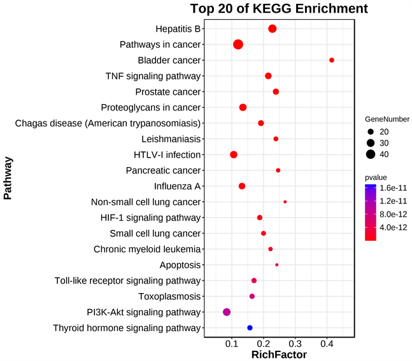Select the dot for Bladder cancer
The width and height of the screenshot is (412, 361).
point(332,60)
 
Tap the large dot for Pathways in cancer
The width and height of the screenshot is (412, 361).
point(238,44)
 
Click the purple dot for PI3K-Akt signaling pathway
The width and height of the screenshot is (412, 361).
point(227,312)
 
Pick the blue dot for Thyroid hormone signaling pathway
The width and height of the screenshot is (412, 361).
point(250,328)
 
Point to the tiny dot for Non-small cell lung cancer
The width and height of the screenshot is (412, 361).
point(285,202)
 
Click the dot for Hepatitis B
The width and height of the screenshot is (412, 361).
point(273,29)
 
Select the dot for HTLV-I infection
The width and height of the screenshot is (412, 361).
point(234,155)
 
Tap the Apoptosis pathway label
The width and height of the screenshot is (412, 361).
point(181,265)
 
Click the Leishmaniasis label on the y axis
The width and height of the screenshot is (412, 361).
point(171,139)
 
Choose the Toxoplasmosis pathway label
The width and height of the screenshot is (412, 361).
point(169,297)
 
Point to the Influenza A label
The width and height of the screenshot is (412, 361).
point(177,186)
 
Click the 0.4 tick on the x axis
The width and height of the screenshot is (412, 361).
point(327,344)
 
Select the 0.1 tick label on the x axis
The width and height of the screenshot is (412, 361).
point(232,344)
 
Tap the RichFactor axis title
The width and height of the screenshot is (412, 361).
point(280,355)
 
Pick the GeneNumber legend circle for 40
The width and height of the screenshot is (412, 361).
point(371,154)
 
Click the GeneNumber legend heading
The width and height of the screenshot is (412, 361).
point(387,119)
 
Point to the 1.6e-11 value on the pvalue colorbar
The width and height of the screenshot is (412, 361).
point(394,189)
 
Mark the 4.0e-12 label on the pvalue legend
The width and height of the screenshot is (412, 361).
point(394,228)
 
